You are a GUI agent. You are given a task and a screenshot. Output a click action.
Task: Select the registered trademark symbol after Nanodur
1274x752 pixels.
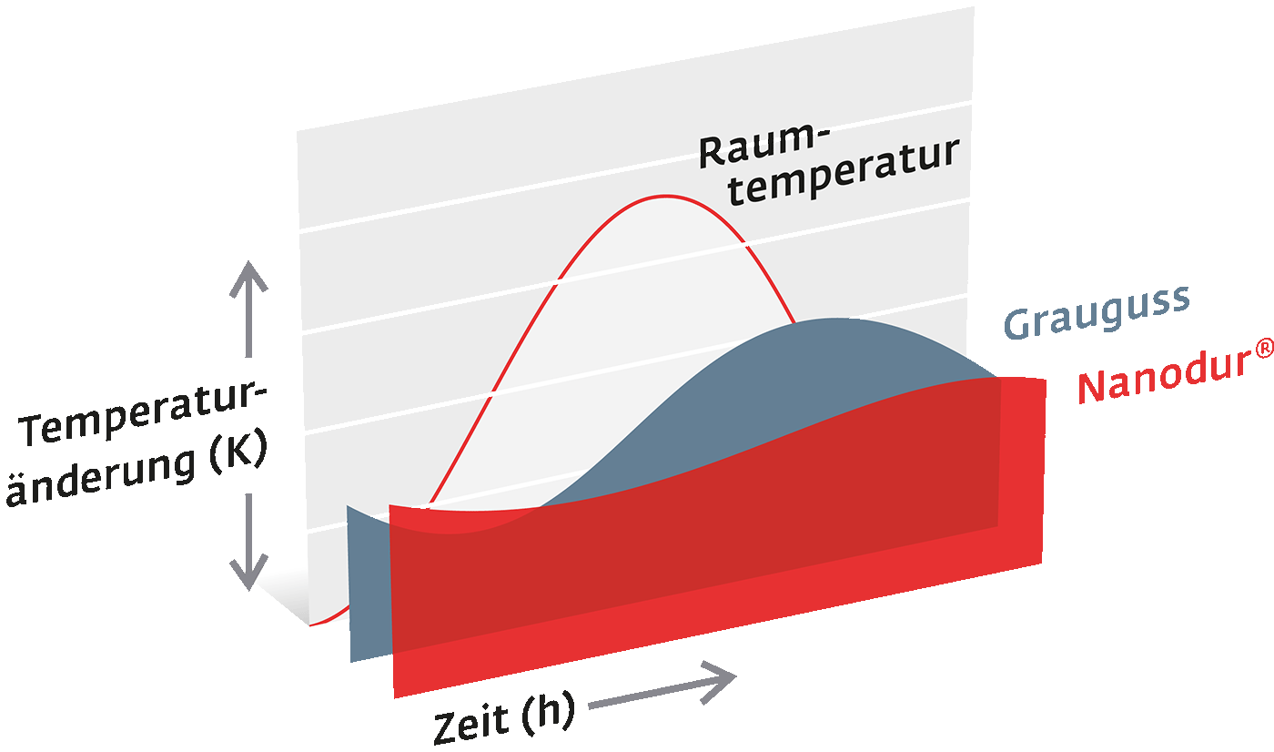pos(1264,348)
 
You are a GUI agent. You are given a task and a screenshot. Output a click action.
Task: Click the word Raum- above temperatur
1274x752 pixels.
pos(764,145)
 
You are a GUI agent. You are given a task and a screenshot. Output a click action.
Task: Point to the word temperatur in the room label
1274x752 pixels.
pos(844,171)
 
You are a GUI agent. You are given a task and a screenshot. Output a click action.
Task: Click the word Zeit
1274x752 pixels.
pos(471,721)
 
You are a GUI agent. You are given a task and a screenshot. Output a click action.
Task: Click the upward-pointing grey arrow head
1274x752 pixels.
pos(248,278)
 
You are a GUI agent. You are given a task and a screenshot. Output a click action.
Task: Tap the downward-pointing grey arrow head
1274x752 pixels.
pos(248,573)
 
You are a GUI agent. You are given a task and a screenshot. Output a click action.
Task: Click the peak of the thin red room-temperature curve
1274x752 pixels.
pos(665,197)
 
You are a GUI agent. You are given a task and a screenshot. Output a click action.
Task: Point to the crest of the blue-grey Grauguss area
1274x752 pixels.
pos(834,319)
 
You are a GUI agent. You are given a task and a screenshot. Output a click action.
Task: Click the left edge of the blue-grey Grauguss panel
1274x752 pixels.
pos(349,584)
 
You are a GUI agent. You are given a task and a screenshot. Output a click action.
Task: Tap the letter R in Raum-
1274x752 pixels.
pos(712,152)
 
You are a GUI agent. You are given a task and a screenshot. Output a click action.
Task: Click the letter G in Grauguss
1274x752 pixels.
pos(1018,324)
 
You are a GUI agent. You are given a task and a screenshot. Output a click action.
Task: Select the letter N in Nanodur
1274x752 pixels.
pos(1093,388)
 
